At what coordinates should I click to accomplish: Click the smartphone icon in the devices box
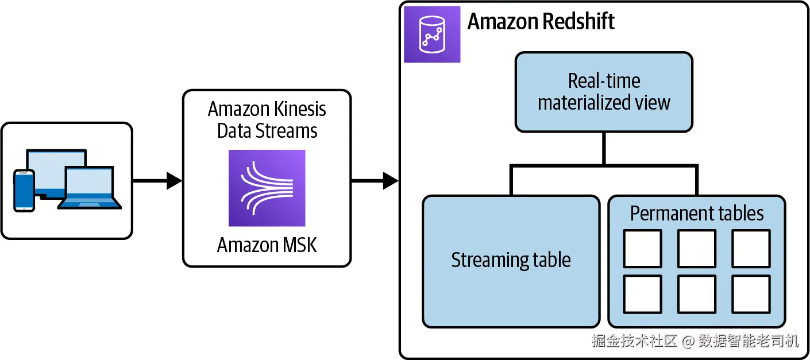[x=24, y=190]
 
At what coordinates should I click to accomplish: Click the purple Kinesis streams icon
[x=267, y=188]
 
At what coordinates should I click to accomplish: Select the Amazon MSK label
[x=267, y=245]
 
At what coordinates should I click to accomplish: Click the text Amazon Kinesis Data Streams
[x=267, y=119]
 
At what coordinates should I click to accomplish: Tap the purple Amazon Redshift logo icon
[x=432, y=34]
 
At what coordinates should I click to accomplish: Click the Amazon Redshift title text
[x=541, y=22]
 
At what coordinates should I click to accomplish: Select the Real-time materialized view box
[x=604, y=92]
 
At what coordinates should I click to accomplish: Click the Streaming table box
[x=511, y=261]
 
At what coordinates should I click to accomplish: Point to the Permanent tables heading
[x=697, y=214]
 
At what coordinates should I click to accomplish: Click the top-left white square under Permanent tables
[x=642, y=249]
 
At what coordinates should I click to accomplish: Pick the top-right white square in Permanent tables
[x=751, y=249]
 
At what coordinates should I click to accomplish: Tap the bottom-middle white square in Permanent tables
[x=697, y=294]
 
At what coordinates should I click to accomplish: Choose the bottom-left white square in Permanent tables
[x=642, y=294]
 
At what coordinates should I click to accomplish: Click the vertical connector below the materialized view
[x=604, y=149]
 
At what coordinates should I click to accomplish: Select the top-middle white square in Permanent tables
[x=697, y=249]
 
